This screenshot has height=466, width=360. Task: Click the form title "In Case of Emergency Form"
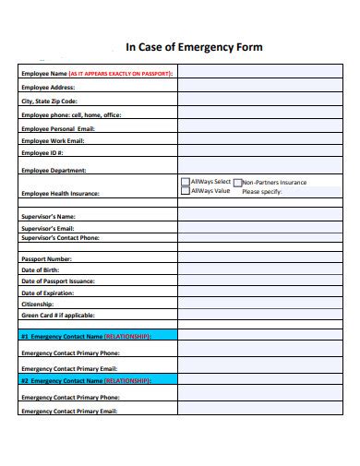tap(194, 47)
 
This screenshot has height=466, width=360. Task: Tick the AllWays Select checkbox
tap(186, 182)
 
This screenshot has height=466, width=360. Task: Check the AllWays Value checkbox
tap(186, 191)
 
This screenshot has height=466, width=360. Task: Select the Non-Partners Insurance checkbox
tap(238, 183)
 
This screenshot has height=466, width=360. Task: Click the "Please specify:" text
tap(261, 192)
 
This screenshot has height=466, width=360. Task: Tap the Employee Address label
tap(48, 87)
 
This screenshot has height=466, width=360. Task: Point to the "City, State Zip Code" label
tap(50, 101)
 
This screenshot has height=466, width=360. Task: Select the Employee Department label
tap(54, 170)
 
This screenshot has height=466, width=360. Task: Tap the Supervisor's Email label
tap(48, 227)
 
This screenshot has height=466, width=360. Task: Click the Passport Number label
tap(46, 259)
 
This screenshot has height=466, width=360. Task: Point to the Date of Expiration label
tap(47, 292)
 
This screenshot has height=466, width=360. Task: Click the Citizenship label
tap(37, 304)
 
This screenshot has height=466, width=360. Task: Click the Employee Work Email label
tap(53, 140)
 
